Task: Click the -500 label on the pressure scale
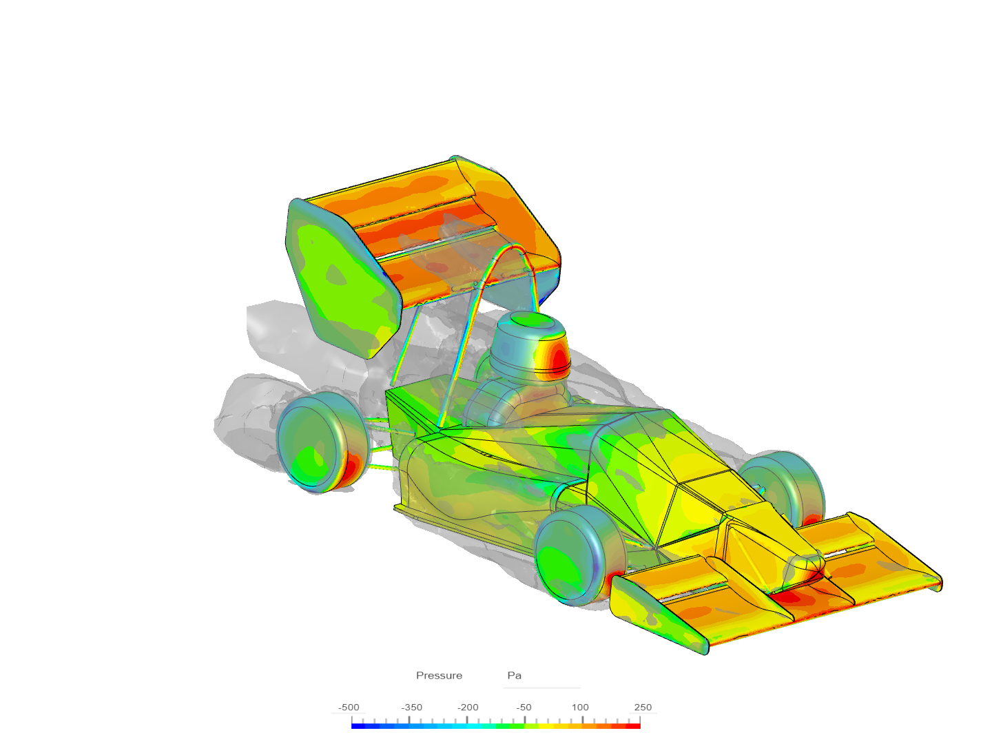[349, 707]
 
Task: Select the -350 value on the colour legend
[412, 707]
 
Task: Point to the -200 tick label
[468, 707]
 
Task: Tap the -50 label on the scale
[524, 707]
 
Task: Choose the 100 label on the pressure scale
[580, 707]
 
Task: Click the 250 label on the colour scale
[643, 707]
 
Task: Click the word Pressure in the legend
[439, 676]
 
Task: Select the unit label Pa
[514, 676]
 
